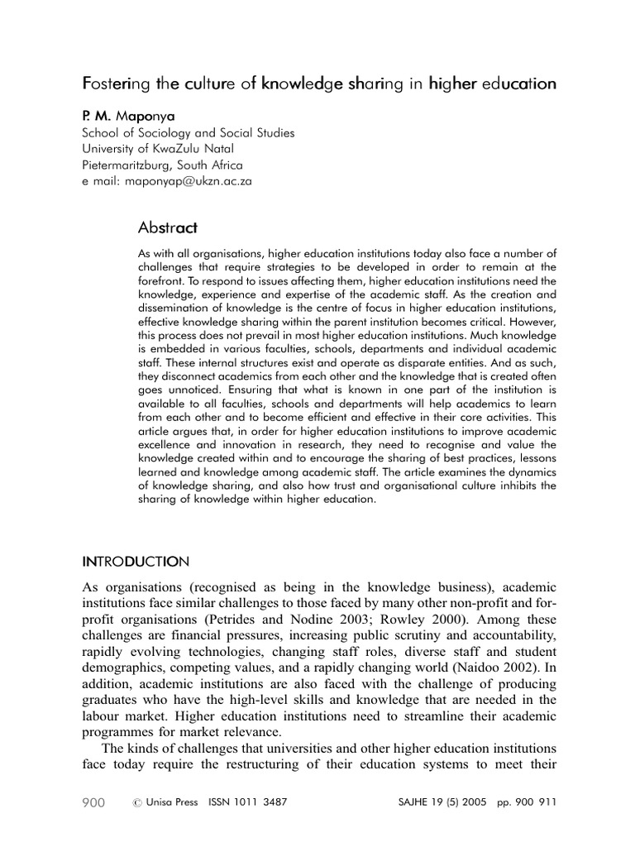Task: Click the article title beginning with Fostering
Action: tap(318, 84)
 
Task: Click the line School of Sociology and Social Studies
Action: tap(188, 132)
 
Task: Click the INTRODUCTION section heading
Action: tap(136, 562)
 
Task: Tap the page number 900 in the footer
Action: tap(93, 802)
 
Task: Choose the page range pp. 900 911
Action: tap(529, 802)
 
